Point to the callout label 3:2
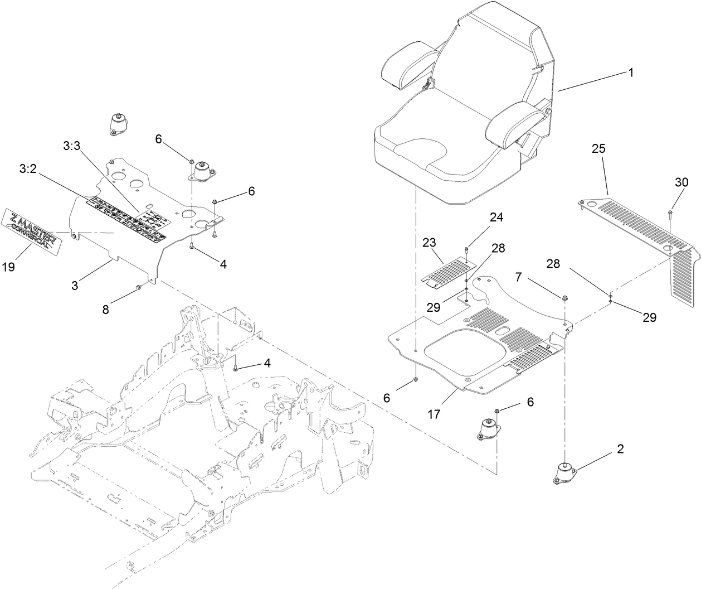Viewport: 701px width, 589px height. (x=28, y=168)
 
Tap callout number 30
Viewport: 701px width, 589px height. (x=681, y=182)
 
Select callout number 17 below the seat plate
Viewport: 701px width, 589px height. (x=434, y=414)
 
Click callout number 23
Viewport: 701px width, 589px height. (x=429, y=243)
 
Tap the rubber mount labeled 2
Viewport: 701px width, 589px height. (x=564, y=473)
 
